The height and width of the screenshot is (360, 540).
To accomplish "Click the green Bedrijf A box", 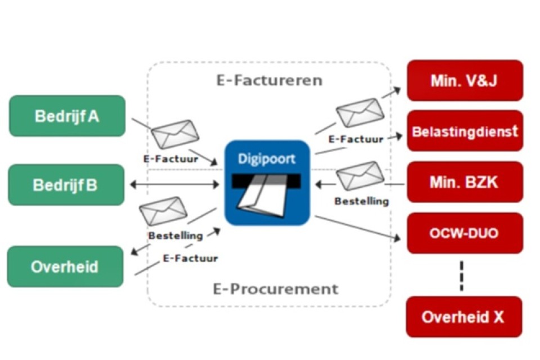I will pos(67,116).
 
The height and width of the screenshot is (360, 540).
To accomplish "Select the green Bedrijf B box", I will pos(66,184).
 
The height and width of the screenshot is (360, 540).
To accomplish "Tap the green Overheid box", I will pos(65,266).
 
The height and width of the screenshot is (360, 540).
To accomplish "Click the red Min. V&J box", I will pos(465,80).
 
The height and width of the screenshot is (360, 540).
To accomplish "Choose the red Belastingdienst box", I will pos(465,131).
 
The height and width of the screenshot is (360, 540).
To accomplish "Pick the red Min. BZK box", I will pos(465,182).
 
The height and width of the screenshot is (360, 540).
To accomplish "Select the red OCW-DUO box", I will pos(465,233).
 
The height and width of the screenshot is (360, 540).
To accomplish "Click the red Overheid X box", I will pos(463,317).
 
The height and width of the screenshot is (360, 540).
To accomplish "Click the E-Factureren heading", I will pos(269,80).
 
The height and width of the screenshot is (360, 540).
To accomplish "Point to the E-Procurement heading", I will pos(276,289).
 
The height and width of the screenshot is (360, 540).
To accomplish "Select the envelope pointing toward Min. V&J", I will pos(360,112).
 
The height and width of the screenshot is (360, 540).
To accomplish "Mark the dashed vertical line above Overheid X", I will pos(462,275).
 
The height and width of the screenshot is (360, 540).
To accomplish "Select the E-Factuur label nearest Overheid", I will pos(190,259).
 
